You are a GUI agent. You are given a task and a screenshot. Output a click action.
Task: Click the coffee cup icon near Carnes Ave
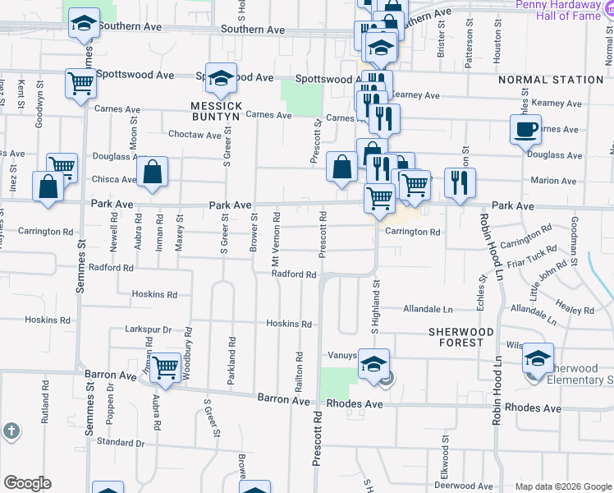[x=525, y=128]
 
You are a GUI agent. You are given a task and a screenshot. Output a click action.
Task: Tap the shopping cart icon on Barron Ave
[x=165, y=367]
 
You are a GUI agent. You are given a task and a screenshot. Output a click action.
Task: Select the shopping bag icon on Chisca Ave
[x=153, y=173]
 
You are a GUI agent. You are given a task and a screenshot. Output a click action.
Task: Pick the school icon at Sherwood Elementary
[x=538, y=357]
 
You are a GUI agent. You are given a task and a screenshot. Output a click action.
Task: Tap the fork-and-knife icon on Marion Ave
[x=460, y=182]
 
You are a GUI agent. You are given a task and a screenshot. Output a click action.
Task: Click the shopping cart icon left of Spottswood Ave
[x=80, y=82]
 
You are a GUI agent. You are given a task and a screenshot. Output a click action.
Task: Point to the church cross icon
[x=11, y=431]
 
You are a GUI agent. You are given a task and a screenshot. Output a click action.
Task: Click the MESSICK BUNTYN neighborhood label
[x=216, y=112]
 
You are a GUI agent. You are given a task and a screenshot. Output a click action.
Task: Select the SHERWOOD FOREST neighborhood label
[x=461, y=337]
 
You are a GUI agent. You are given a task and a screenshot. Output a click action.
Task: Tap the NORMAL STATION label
[x=551, y=80]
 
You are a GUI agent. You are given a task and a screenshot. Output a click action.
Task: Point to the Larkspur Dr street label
[x=148, y=329]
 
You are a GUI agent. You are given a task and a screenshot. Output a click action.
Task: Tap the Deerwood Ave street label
[x=465, y=486]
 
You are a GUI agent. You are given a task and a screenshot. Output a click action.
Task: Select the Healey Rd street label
[x=575, y=306]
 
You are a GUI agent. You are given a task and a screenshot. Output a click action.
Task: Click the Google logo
[x=27, y=483]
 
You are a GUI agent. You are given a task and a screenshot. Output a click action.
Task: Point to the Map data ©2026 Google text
[x=562, y=486]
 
